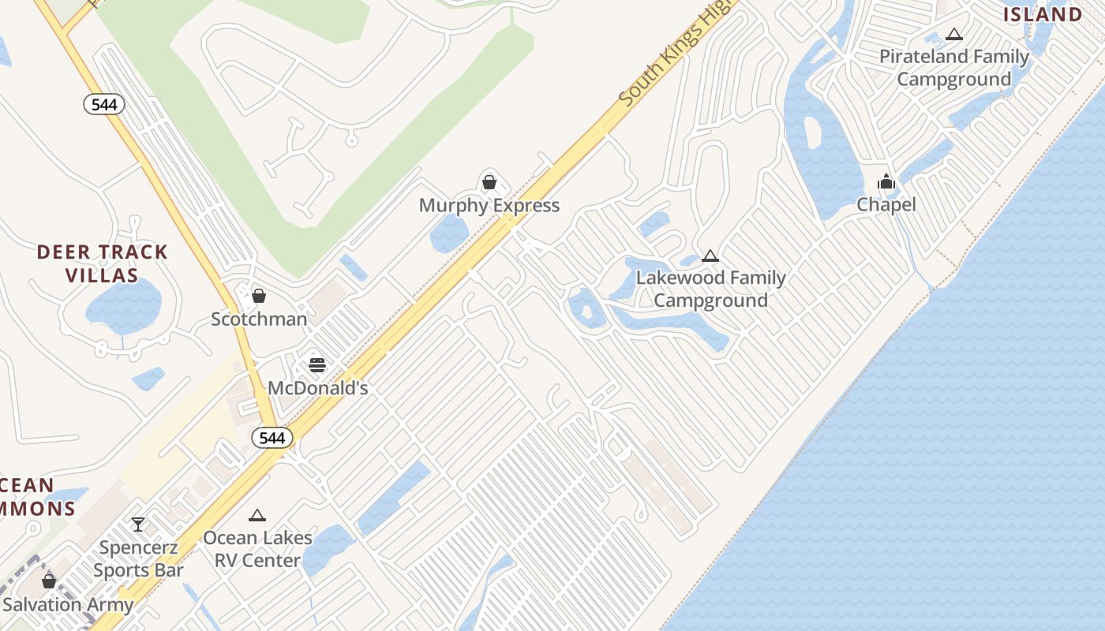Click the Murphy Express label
(x=489, y=206)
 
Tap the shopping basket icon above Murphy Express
(x=489, y=183)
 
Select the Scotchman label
(x=259, y=319)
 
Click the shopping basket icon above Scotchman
(x=259, y=296)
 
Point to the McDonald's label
(x=318, y=388)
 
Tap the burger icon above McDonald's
(x=317, y=364)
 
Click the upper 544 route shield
(x=104, y=104)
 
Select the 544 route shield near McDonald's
(x=272, y=438)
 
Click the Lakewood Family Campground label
(x=710, y=289)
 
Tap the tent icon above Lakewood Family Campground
(x=710, y=256)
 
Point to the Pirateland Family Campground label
(x=954, y=68)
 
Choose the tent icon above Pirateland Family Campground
(x=954, y=34)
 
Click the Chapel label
(x=886, y=205)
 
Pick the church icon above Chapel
(x=886, y=182)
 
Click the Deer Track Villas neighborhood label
(x=103, y=263)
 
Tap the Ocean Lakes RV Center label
(x=257, y=549)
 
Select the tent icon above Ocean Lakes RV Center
(x=257, y=516)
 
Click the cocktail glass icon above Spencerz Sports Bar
(x=138, y=525)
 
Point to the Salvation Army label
(x=68, y=605)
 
